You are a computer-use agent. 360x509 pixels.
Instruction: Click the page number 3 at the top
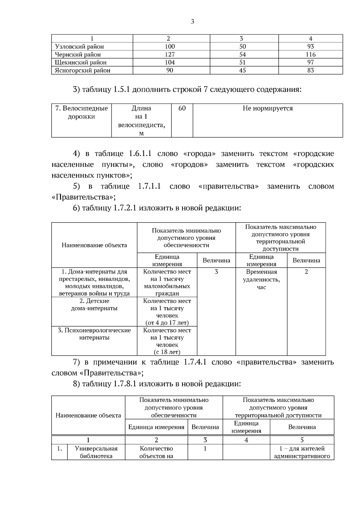point(192,22)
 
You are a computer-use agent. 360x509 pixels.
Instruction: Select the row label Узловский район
point(79,46)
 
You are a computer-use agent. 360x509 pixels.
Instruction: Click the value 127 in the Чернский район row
point(170,55)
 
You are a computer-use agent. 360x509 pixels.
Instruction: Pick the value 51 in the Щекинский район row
point(242,62)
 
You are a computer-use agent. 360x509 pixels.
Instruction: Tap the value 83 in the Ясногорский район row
point(310,70)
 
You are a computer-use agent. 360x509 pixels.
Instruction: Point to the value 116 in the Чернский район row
point(310,55)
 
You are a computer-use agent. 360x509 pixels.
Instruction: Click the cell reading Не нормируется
point(268,108)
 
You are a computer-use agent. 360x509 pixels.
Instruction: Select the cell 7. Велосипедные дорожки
point(81,112)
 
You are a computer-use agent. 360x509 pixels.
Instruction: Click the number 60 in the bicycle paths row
point(182,108)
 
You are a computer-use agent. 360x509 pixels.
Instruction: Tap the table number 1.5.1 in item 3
point(121,90)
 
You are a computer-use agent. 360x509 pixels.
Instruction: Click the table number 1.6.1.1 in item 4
point(140,154)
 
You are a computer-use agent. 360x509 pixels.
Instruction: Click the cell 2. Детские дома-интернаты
point(94,305)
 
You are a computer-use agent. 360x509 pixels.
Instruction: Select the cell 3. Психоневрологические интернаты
point(94,334)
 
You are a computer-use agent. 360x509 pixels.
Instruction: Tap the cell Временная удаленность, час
point(261,280)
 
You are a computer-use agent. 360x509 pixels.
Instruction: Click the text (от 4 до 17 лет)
point(167,323)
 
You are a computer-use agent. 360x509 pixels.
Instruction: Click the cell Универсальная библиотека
point(96,452)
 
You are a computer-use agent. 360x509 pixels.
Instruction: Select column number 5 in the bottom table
point(302,440)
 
